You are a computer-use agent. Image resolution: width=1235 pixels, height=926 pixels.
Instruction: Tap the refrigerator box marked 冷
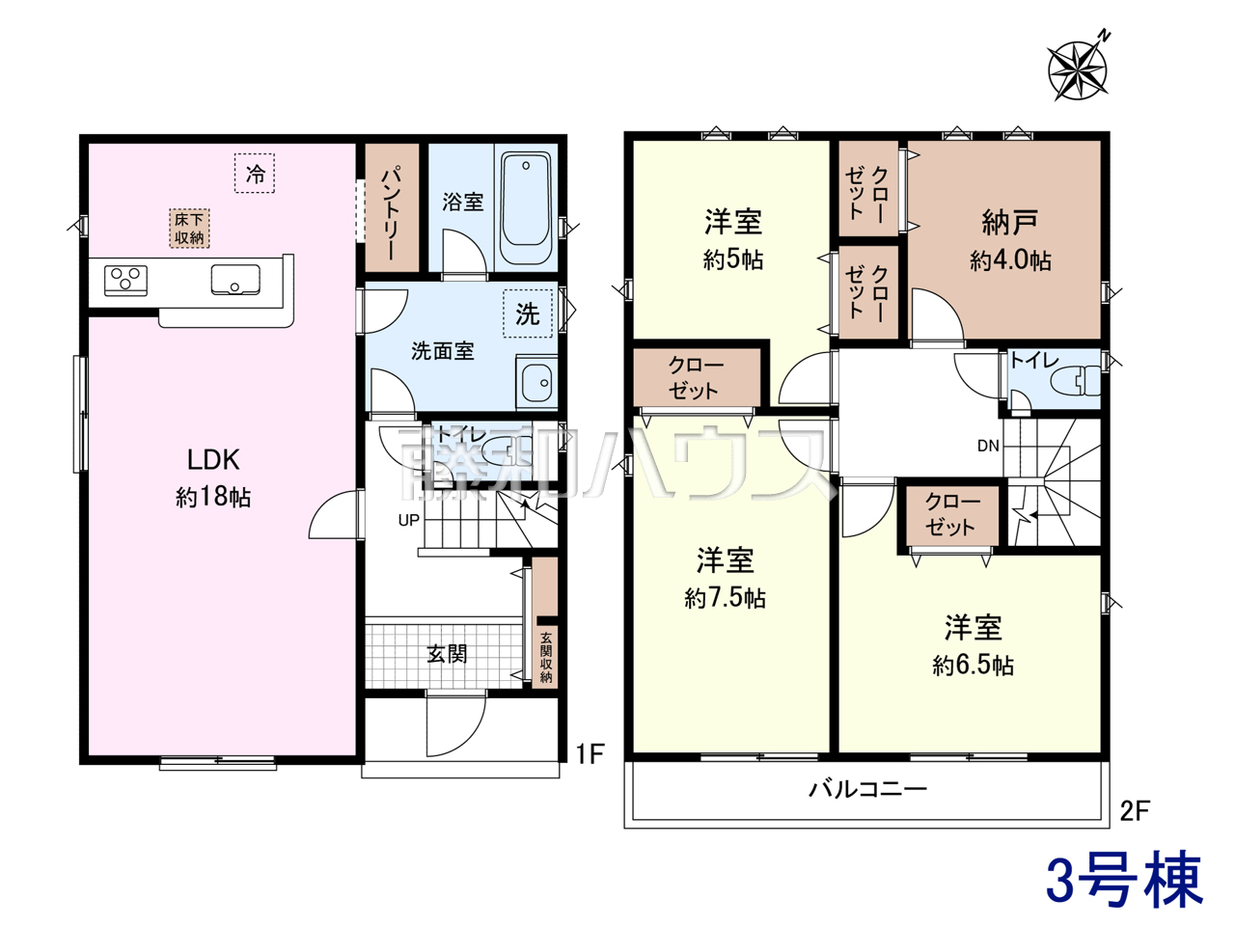click(255, 174)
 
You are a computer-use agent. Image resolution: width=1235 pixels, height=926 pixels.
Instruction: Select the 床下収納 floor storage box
click(190, 229)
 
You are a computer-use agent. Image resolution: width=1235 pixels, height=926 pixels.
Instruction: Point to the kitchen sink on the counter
click(235, 280)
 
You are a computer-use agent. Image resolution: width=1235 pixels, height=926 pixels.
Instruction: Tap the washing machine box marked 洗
click(528, 313)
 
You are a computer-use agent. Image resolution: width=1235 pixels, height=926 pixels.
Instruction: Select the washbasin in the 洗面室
click(536, 382)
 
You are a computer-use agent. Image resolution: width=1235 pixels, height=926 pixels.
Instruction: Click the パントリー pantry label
click(392, 212)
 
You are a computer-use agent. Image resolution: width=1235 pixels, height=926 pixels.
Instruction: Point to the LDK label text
click(213, 459)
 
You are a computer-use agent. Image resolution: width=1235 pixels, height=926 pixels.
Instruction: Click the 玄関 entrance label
click(447, 654)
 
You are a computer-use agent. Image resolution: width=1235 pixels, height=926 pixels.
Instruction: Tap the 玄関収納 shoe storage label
click(546, 657)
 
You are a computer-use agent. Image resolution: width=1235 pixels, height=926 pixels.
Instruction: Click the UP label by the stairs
click(409, 520)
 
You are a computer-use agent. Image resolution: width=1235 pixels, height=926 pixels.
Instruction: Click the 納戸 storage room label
click(1010, 222)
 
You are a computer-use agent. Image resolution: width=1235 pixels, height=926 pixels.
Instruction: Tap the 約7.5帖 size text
click(726, 598)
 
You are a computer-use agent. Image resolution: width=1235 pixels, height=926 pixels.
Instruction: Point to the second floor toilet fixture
click(1076, 380)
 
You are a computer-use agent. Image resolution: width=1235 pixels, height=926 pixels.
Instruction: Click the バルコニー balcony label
click(867, 789)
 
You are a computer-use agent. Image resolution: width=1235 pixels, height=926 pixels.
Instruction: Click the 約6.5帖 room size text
click(974, 666)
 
